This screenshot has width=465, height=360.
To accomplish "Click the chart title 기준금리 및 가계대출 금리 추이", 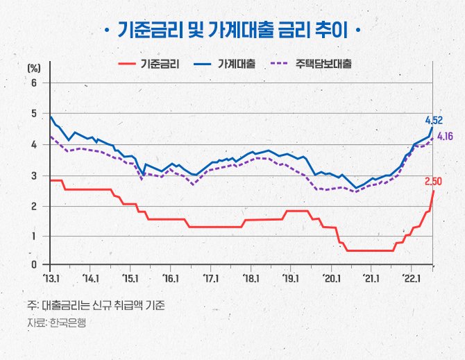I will point(232,31).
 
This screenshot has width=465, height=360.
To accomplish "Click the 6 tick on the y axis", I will point(33,83).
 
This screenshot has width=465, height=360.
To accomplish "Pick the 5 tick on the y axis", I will point(33,113).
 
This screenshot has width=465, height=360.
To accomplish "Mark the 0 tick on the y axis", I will point(33,264).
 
